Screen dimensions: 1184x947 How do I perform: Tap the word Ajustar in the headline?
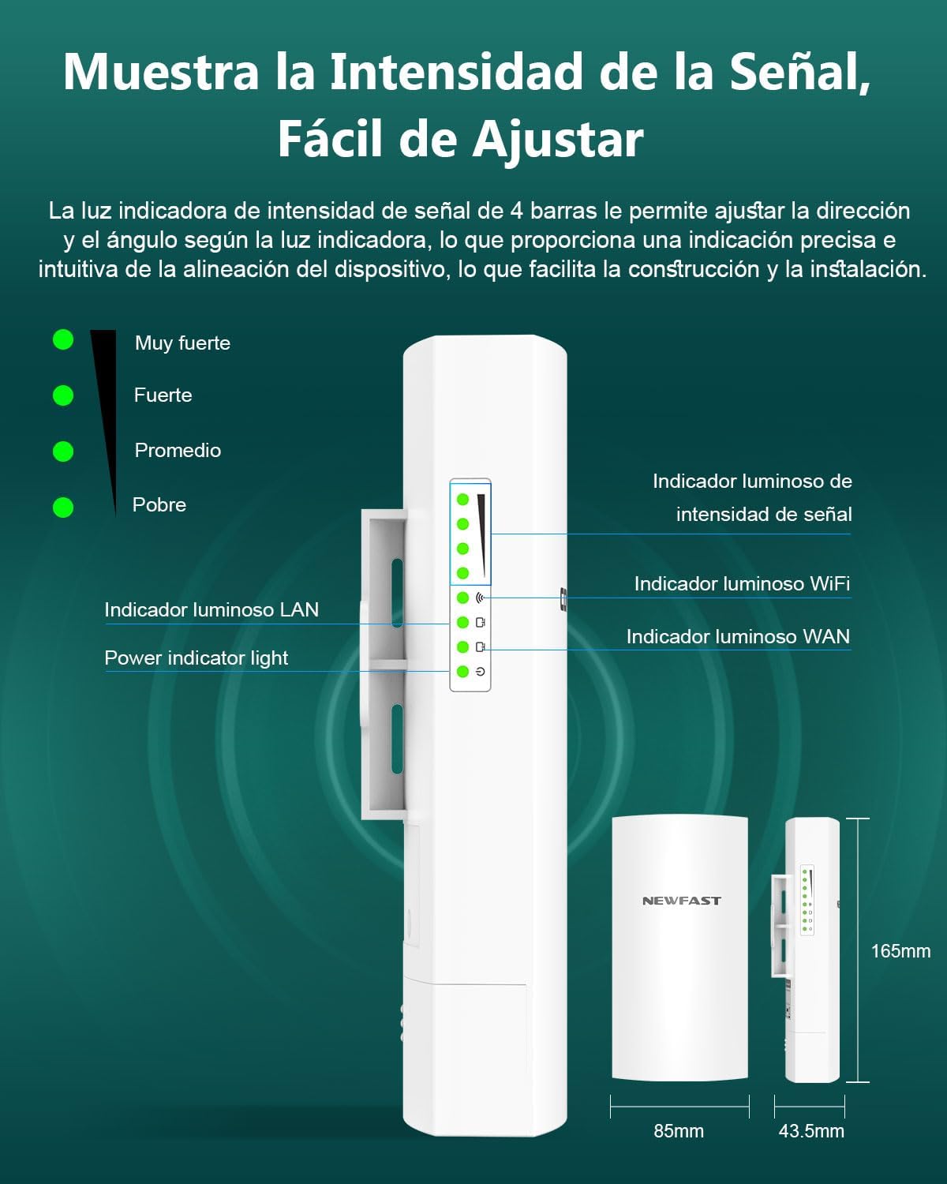click(x=557, y=140)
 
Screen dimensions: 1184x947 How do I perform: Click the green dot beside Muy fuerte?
click(x=63, y=339)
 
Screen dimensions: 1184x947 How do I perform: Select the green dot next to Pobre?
click(x=63, y=507)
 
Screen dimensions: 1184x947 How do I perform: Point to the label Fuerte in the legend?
click(x=163, y=395)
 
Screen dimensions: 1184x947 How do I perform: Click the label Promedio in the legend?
click(x=178, y=450)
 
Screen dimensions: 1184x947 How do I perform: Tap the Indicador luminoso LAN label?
click(x=211, y=609)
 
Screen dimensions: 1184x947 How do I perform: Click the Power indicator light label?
click(x=196, y=658)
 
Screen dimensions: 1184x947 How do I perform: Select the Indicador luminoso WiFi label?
click(x=742, y=583)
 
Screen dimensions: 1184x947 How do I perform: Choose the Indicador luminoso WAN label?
click(x=738, y=636)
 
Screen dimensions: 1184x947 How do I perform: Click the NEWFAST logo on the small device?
click(x=681, y=901)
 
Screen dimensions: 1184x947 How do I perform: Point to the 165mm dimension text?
click(x=900, y=951)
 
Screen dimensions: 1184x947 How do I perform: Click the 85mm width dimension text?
click(x=679, y=1131)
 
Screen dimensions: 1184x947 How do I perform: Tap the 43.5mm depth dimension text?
click(x=811, y=1131)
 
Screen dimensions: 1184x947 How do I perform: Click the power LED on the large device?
click(x=463, y=672)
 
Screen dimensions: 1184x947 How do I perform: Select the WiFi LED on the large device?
click(x=463, y=598)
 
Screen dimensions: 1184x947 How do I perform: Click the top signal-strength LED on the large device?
click(x=463, y=500)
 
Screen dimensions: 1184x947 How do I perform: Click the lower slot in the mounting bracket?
click(x=398, y=740)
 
